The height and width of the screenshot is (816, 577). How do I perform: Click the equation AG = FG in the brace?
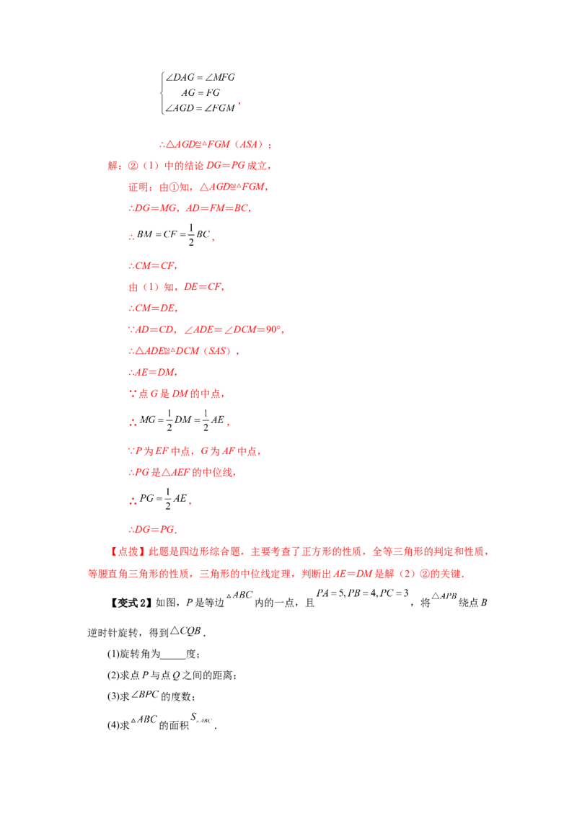click(x=201, y=93)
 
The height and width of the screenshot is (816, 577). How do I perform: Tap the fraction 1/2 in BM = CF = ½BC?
click(x=191, y=235)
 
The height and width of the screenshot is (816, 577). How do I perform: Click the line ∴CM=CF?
click(x=153, y=265)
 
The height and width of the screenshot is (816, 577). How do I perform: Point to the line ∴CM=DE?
click(x=153, y=308)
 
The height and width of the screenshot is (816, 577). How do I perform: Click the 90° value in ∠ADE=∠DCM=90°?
click(x=273, y=329)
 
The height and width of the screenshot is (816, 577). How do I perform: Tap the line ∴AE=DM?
click(x=153, y=372)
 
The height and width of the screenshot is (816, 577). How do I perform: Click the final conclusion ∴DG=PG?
click(x=153, y=529)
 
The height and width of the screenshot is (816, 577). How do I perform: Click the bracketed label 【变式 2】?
click(x=131, y=603)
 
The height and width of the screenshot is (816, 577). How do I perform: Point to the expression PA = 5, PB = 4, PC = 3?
click(x=363, y=593)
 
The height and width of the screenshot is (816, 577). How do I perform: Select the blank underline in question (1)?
click(x=173, y=658)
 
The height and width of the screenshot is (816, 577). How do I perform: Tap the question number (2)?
click(x=113, y=675)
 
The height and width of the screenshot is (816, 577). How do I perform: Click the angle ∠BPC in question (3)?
click(x=145, y=694)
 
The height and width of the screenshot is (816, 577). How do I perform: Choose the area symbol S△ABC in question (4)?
click(x=201, y=718)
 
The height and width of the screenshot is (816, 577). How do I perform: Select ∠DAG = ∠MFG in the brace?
click(x=200, y=77)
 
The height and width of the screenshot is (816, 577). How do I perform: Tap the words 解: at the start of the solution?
click(x=115, y=166)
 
